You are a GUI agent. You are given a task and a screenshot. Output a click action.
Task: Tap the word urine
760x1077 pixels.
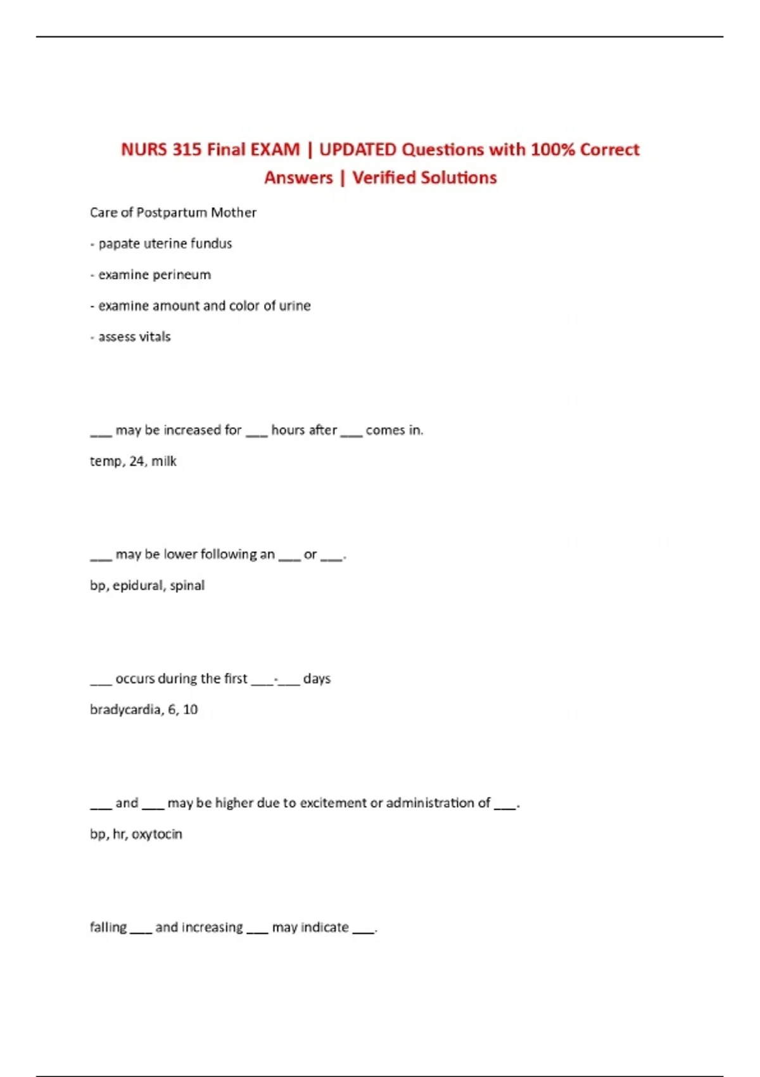tap(294, 306)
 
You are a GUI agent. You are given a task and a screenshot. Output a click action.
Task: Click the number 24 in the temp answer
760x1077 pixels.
tap(137, 461)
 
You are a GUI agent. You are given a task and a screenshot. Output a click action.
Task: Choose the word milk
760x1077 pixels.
tap(164, 461)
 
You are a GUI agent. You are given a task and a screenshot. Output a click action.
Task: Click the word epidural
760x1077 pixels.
tap(138, 586)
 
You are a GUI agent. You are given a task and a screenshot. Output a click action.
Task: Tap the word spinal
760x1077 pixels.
tap(187, 586)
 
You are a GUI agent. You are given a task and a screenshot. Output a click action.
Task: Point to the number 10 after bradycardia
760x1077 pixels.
tap(190, 710)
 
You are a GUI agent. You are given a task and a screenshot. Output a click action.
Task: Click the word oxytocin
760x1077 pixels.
tap(157, 834)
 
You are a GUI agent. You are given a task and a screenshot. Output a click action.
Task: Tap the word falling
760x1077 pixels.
tap(108, 927)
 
